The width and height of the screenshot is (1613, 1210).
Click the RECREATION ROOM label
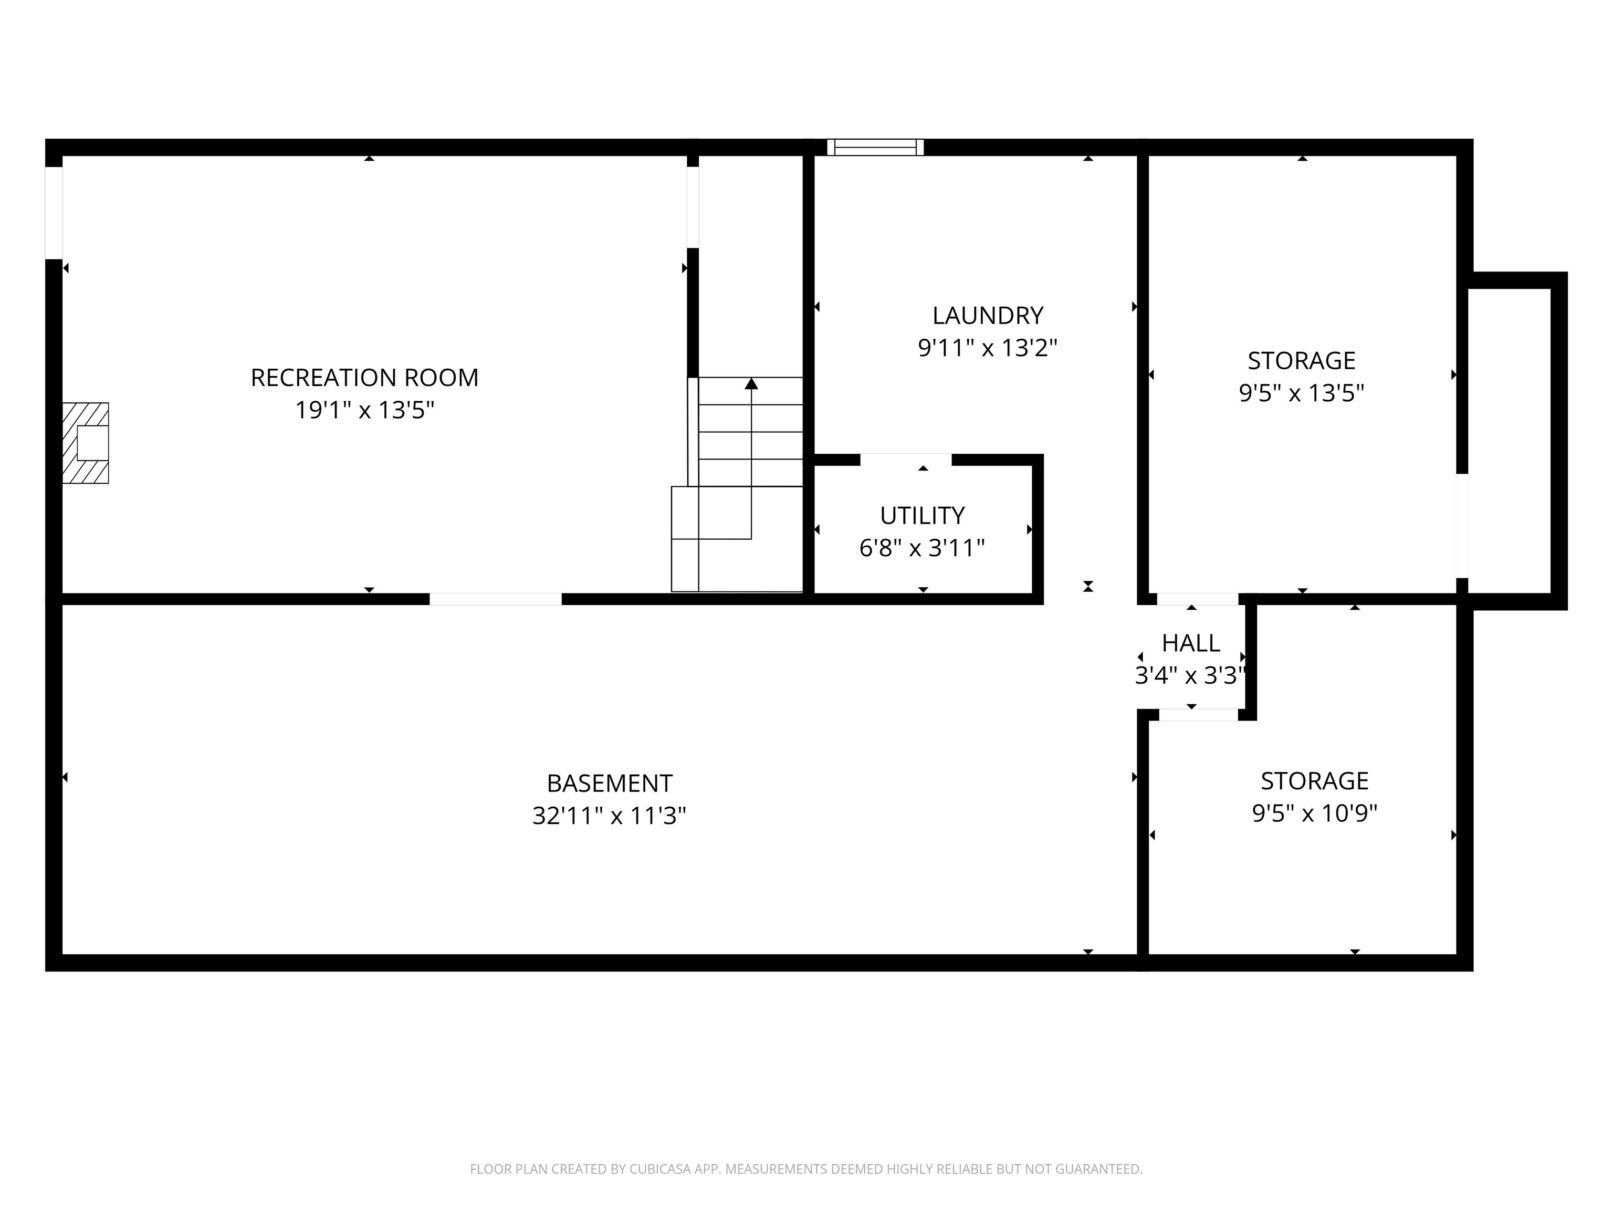click(x=364, y=378)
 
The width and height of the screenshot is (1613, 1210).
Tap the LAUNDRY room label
click(x=987, y=316)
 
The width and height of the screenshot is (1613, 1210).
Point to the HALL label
click(x=1191, y=643)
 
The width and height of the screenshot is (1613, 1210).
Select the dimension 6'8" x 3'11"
click(x=923, y=548)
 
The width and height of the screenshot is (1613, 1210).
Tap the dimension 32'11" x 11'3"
click(x=610, y=816)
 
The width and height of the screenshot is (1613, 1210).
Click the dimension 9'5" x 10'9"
click(x=1315, y=813)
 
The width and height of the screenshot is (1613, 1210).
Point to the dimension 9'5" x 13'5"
click(x=1302, y=394)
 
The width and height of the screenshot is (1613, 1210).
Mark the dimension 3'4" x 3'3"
click(x=1189, y=676)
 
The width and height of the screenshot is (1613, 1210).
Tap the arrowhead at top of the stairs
click(x=751, y=384)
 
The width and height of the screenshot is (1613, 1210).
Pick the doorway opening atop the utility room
click(x=906, y=460)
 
